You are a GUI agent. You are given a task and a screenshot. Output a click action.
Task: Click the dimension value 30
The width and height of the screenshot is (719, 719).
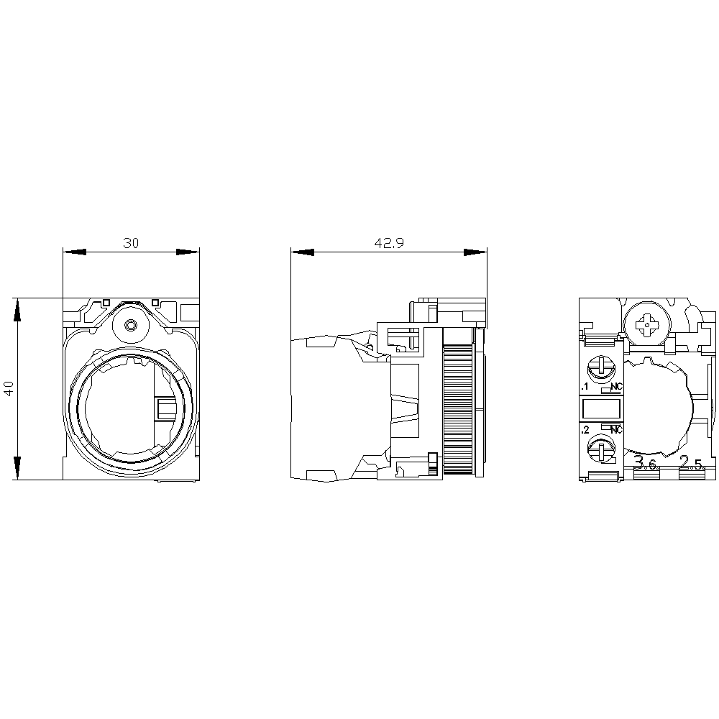(x=130, y=243)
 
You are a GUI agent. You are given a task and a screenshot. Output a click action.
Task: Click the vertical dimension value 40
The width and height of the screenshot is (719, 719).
(x=9, y=389)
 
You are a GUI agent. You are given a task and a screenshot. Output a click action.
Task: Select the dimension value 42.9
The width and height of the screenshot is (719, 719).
(x=389, y=243)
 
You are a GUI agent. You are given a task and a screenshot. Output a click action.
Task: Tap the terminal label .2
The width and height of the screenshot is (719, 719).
(x=585, y=430)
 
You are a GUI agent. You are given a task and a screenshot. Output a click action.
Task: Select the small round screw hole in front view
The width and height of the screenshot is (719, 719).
(x=130, y=325)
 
